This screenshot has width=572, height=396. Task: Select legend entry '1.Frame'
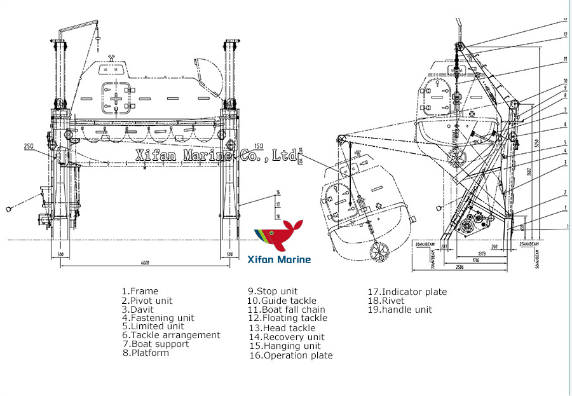coord(140,291)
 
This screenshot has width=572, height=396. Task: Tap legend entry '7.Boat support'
coord(155,344)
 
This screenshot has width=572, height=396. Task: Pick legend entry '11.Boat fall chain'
coord(286,310)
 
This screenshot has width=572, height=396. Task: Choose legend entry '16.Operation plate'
coord(290,355)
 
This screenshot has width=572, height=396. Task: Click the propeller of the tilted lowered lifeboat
coord(379,252)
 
